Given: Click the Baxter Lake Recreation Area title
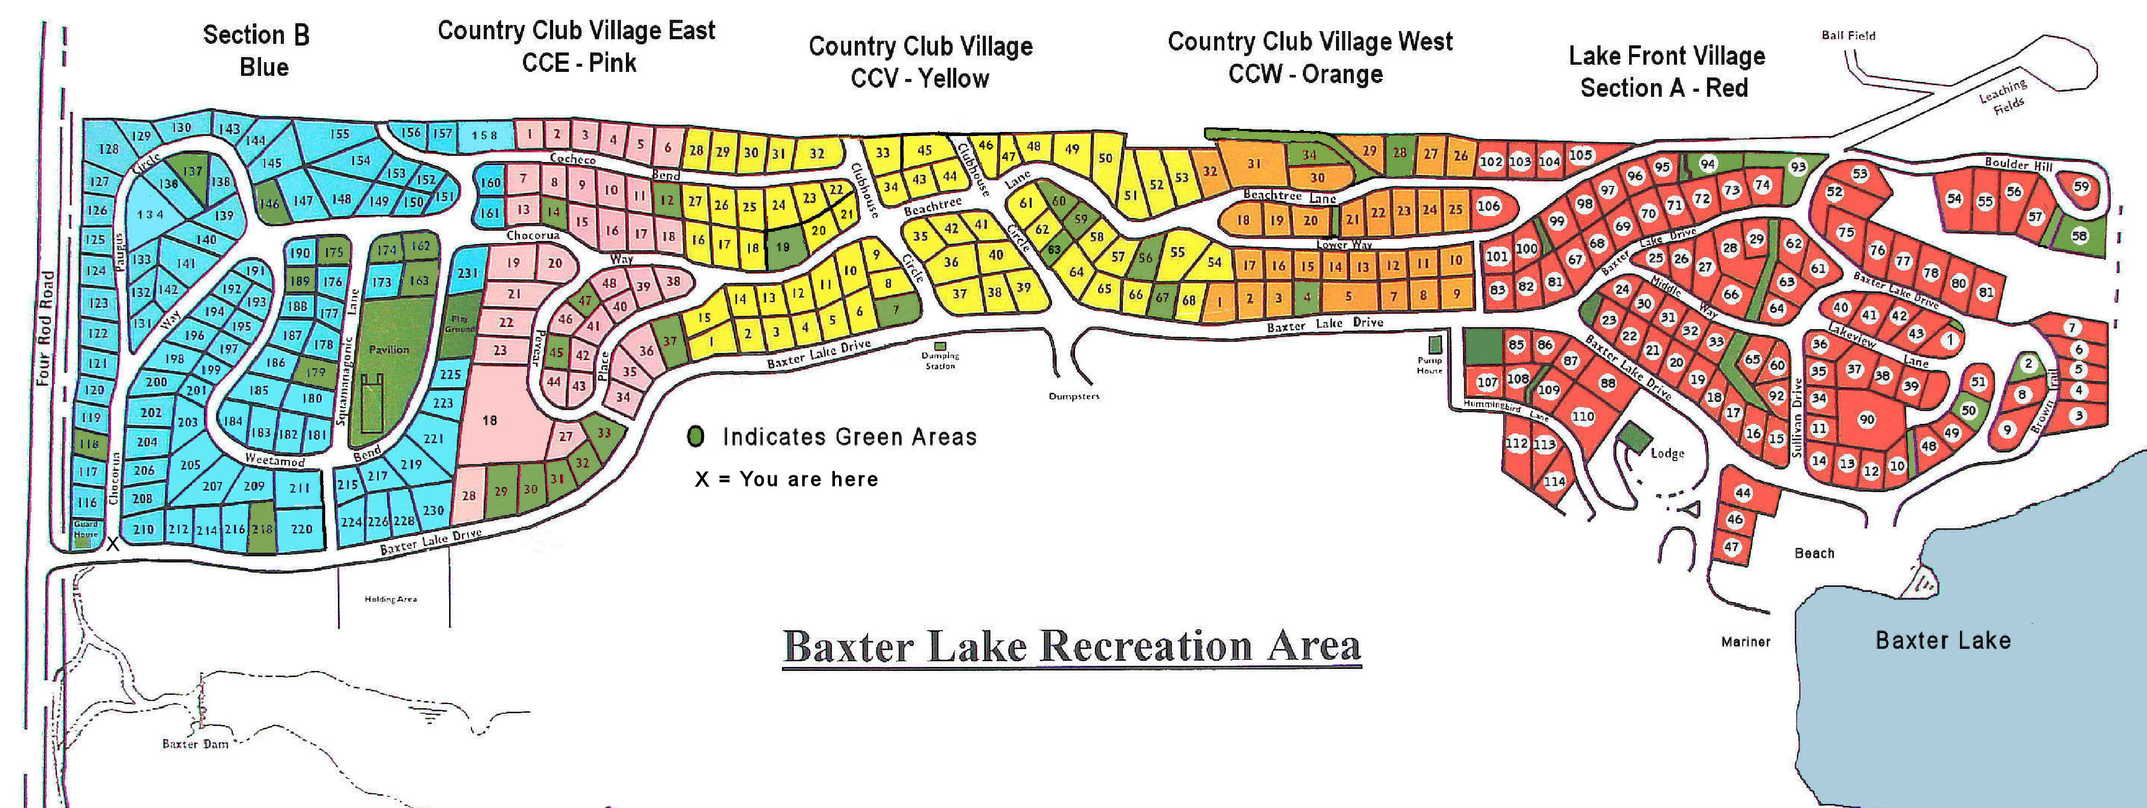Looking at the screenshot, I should pyautogui.click(x=1072, y=647).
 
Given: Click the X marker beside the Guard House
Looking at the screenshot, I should pyautogui.click(x=113, y=545).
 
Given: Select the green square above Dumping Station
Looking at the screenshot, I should pyautogui.click(x=940, y=346).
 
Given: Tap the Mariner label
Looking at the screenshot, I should pyautogui.click(x=1745, y=641).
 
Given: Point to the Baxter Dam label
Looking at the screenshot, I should pyautogui.click(x=195, y=744).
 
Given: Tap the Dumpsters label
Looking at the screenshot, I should pyautogui.click(x=1073, y=396).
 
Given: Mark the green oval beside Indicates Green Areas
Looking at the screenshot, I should pyautogui.click(x=696, y=437).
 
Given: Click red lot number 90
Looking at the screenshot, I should pyautogui.click(x=1867, y=420).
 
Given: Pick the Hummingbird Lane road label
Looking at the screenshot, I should pyautogui.click(x=1505, y=409).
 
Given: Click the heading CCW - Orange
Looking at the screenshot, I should pyautogui.click(x=1305, y=74).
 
